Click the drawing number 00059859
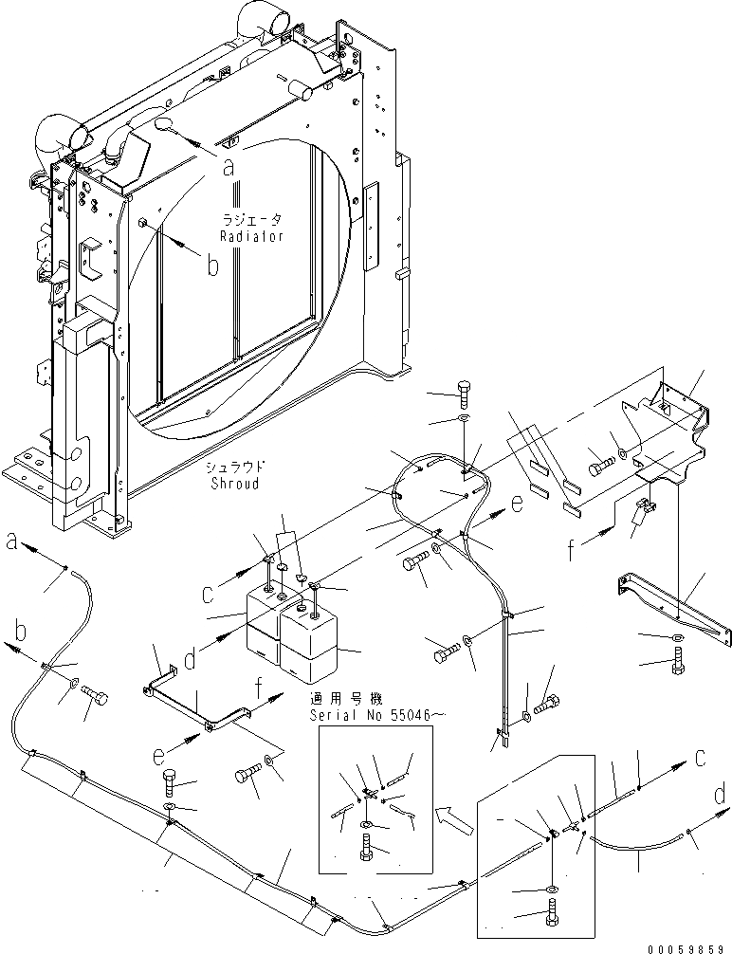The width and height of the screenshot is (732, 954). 689,946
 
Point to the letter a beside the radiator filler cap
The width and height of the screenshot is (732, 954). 228,168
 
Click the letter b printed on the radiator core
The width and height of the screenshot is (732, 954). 213,266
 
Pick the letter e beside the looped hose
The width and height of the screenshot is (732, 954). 517,505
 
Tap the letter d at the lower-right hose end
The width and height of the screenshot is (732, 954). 720,792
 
